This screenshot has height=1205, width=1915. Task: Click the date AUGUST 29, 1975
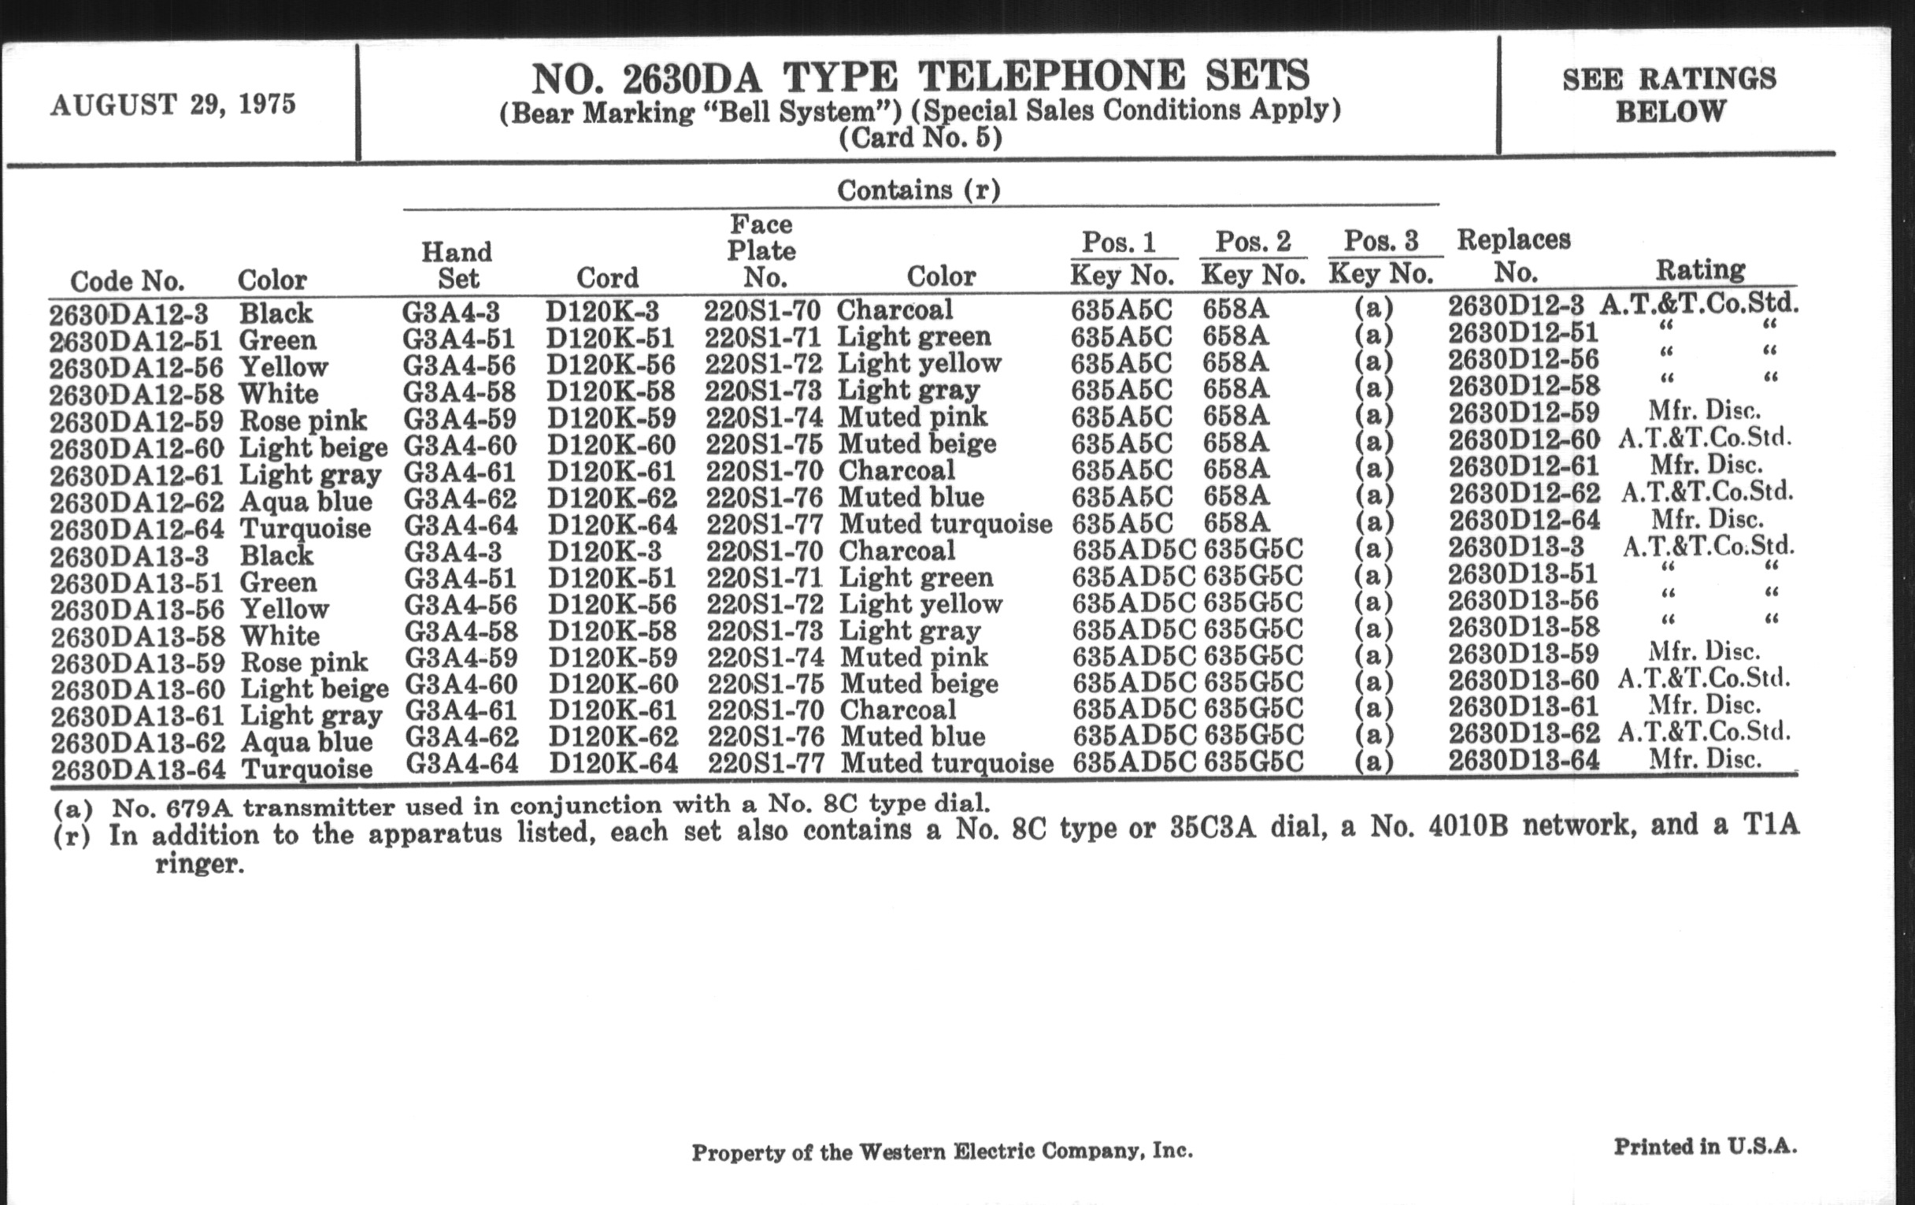(172, 104)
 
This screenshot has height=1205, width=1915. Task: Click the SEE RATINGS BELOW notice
(1669, 95)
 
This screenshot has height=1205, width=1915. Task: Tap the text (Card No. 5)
(920, 139)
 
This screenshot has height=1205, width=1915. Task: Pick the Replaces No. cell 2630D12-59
(1523, 413)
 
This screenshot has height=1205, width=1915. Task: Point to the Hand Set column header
(457, 265)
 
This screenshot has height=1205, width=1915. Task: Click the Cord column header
(607, 277)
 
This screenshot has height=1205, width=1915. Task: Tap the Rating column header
(1700, 269)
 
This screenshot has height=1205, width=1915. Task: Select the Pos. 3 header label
(1380, 240)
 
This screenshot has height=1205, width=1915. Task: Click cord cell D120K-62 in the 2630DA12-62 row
(612, 498)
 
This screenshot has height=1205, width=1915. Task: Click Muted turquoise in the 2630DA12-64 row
(946, 524)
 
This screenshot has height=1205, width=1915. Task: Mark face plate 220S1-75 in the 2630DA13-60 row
(765, 684)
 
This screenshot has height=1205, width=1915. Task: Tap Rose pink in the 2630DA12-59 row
(303, 420)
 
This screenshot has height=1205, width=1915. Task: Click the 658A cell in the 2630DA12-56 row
(1235, 362)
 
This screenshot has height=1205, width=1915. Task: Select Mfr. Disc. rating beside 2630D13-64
(1704, 758)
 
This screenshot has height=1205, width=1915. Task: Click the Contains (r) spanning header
(919, 190)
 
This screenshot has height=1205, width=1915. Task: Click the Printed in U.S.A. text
(1704, 1146)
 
